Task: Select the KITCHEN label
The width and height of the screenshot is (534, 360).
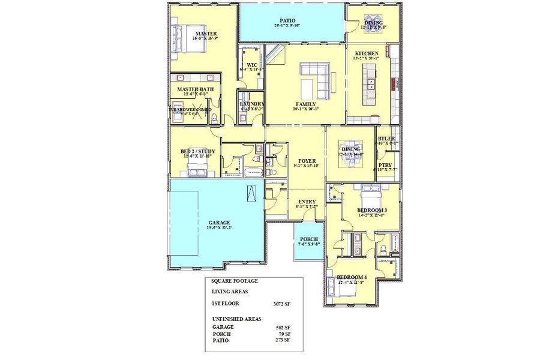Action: (x=366, y=53)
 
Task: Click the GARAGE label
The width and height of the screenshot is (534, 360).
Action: (x=202, y=223)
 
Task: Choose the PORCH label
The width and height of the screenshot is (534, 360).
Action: (x=308, y=238)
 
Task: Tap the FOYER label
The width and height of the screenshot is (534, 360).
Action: (x=307, y=161)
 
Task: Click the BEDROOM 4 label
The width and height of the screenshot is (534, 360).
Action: (x=352, y=277)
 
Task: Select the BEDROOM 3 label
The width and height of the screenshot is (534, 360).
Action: (x=371, y=209)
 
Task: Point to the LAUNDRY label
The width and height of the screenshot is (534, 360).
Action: (x=251, y=104)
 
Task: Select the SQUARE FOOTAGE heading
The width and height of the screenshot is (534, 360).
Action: (x=234, y=280)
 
